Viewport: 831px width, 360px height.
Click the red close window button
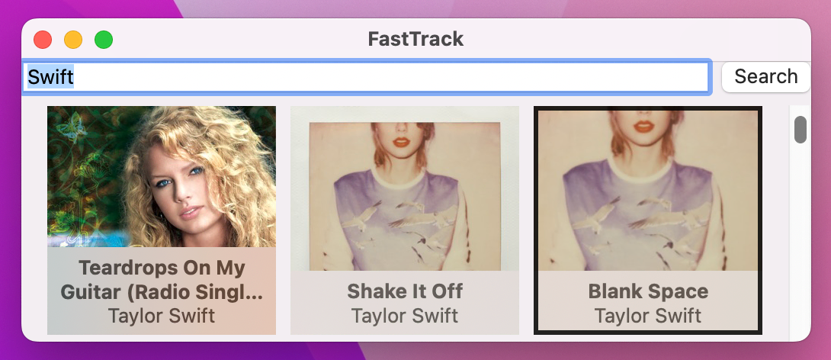click(x=43, y=39)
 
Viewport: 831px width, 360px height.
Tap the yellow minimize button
click(x=73, y=39)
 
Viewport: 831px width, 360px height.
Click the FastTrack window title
click(x=415, y=39)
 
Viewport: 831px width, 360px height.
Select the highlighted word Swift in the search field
click(x=50, y=76)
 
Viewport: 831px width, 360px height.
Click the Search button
click(x=765, y=76)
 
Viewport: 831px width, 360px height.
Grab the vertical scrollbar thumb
click(x=801, y=130)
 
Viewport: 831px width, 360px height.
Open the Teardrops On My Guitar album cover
click(x=162, y=176)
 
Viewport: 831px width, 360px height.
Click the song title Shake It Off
click(x=405, y=291)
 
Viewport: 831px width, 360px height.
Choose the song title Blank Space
click(x=648, y=291)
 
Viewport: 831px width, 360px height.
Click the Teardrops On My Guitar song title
click(x=162, y=279)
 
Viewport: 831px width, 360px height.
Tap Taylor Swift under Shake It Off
click(x=405, y=315)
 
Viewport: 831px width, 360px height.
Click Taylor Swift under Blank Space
click(x=648, y=315)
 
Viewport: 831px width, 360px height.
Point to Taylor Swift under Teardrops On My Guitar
click(x=162, y=315)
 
